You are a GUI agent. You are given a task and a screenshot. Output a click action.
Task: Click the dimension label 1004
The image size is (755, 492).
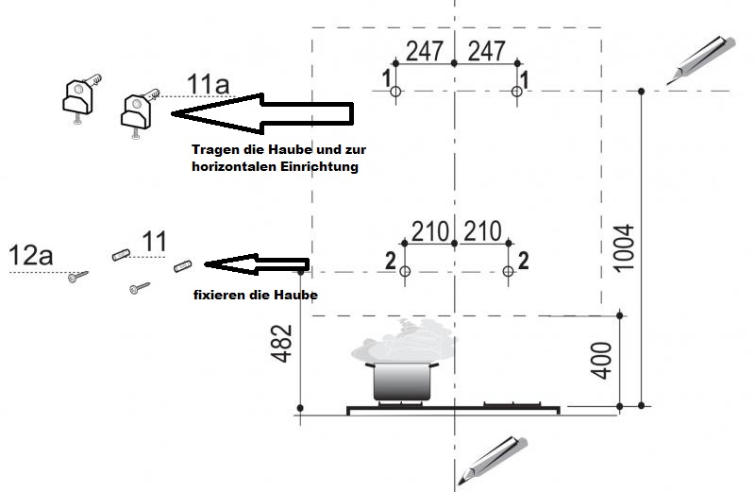coord(624,248)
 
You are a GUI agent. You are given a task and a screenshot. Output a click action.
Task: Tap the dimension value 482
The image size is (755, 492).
coord(281,343)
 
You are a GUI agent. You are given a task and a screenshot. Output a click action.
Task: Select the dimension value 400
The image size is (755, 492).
coord(601,361)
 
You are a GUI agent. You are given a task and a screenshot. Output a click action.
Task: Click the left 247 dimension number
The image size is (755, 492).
coord(424,51)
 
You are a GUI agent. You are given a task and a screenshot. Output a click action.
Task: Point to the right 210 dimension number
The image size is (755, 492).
coord(482,231)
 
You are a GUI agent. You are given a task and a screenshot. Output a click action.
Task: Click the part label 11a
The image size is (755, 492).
coord(208,84)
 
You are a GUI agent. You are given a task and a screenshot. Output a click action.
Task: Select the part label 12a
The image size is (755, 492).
coord(30,255)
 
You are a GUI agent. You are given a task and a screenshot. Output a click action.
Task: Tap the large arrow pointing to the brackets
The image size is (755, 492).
coord(262,113)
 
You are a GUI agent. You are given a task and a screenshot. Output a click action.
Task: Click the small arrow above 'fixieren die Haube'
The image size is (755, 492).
coord(257,264)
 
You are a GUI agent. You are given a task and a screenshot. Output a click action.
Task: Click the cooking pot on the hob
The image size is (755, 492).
coord(402,382)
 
